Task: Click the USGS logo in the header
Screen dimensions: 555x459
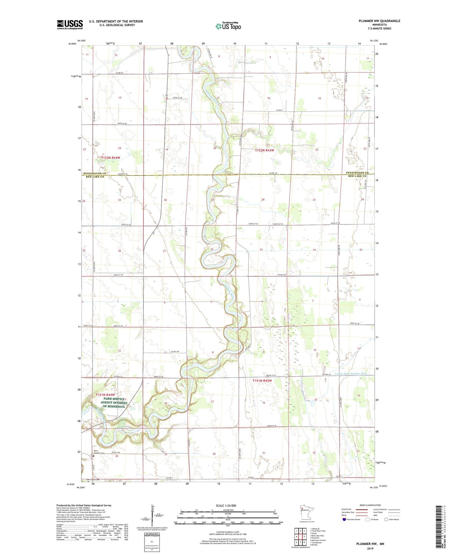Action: (x=70, y=24)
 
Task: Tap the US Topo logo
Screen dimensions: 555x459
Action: (x=228, y=26)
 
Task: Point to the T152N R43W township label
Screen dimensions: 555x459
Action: (x=264, y=150)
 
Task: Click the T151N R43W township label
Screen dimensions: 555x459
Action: (x=262, y=380)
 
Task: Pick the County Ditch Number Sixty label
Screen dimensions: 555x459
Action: (x=350, y=374)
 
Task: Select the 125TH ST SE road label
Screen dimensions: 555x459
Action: (x=177, y=98)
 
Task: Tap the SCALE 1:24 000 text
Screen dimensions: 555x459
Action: (x=226, y=505)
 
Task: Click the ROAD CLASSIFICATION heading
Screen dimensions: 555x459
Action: (x=370, y=505)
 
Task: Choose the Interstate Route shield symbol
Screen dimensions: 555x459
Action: (x=345, y=519)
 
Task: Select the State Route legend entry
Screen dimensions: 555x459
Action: (x=391, y=519)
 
